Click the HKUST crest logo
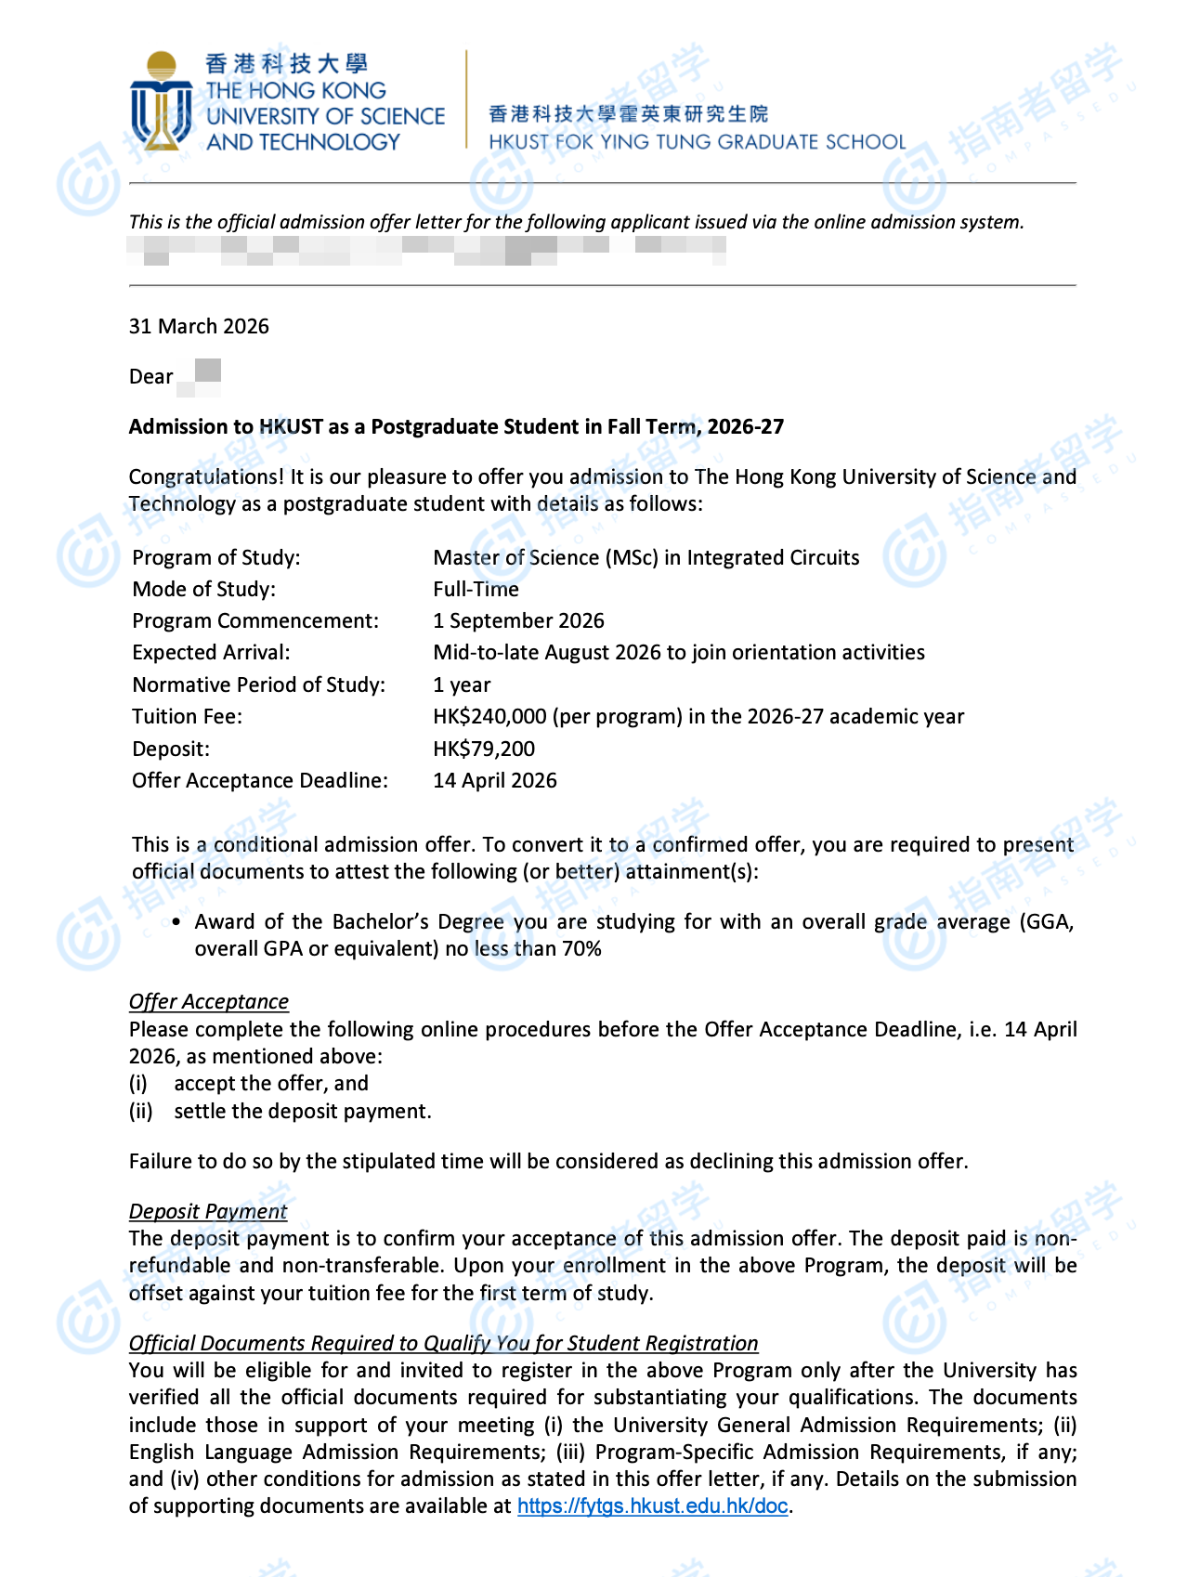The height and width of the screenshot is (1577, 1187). [162, 101]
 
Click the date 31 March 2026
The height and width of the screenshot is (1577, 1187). [199, 326]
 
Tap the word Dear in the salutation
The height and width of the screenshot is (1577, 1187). [150, 376]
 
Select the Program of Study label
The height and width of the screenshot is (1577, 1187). [216, 557]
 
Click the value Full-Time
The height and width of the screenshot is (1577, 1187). [476, 589]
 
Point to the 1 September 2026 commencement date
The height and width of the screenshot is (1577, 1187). [518, 620]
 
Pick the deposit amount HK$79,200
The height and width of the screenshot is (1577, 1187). [484, 749]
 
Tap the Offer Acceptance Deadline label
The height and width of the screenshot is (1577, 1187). [260, 780]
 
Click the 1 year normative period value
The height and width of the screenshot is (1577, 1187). [462, 684]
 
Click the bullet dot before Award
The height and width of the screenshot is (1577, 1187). [176, 922]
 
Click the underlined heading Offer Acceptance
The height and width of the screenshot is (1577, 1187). [209, 1001]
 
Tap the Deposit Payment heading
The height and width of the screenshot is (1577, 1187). [208, 1211]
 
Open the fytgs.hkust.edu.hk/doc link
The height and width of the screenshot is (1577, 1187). [652, 1505]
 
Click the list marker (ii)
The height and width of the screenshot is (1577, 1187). [140, 1111]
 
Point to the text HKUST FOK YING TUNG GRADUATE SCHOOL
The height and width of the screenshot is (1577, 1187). [697, 142]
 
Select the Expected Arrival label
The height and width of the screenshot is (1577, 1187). [211, 652]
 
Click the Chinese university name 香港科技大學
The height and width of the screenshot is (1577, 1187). [286, 63]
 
